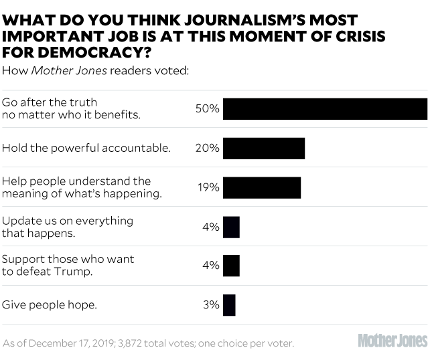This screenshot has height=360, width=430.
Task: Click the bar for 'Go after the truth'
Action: point(325,109)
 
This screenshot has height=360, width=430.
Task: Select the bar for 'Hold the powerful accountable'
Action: point(264,148)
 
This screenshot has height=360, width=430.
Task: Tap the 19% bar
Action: point(262,187)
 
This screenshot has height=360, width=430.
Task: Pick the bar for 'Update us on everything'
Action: point(231,227)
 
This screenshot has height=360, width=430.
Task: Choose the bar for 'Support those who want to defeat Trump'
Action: point(231,266)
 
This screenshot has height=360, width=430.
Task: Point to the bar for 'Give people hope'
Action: point(229,305)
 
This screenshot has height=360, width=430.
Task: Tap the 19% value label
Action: point(209,187)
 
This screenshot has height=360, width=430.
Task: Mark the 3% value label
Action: point(211,305)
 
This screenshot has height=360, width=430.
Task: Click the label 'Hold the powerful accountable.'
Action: point(86,148)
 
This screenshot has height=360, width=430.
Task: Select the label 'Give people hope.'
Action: point(50,305)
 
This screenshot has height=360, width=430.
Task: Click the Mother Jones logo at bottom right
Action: point(392,341)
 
